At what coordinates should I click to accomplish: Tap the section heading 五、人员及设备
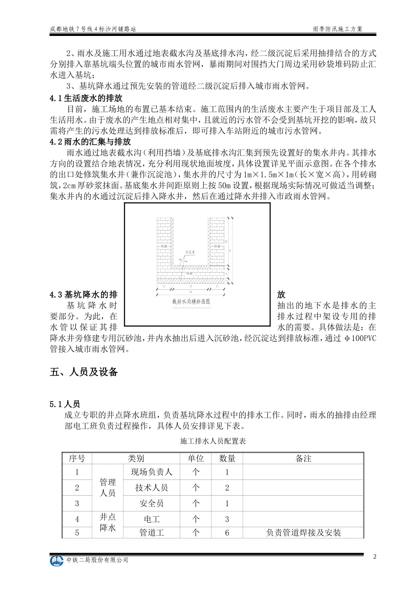[x=84, y=372]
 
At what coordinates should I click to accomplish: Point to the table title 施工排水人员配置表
[x=213, y=441]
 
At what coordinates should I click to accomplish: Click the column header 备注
[x=303, y=458]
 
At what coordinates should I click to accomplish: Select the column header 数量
[x=227, y=458]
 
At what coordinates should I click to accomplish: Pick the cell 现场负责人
[x=152, y=472]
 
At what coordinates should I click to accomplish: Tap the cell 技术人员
[x=152, y=488]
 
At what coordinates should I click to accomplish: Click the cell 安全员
[x=152, y=504]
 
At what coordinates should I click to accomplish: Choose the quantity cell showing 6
[x=227, y=532]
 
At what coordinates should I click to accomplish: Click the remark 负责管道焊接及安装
[x=303, y=532]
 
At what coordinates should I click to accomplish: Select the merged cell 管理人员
[x=108, y=488]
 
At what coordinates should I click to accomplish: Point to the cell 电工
[x=152, y=519]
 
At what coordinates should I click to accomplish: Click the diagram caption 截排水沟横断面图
[x=191, y=302]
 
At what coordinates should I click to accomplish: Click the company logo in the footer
[x=57, y=561]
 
